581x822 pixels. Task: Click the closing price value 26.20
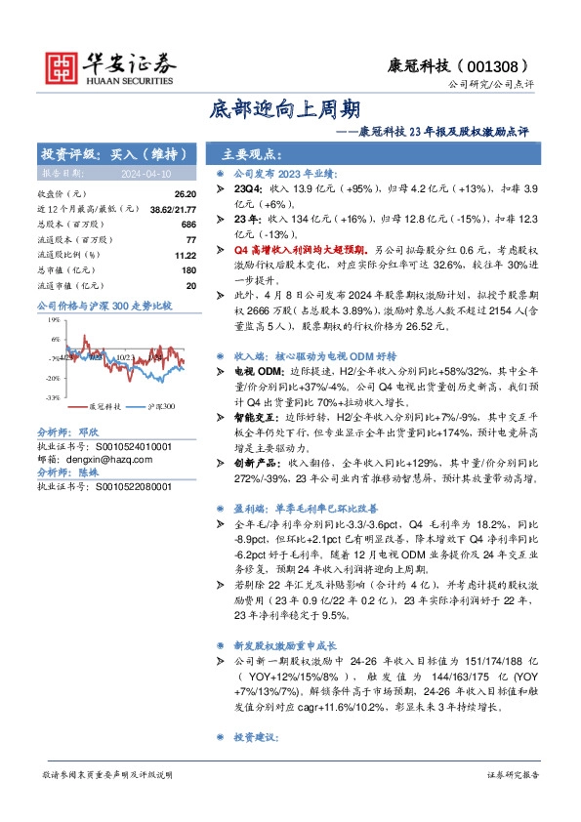point(186,194)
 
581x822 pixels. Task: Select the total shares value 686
point(189,224)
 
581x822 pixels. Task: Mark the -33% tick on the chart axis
point(53,397)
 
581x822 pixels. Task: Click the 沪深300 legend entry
point(160,405)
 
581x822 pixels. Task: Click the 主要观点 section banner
point(252,154)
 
